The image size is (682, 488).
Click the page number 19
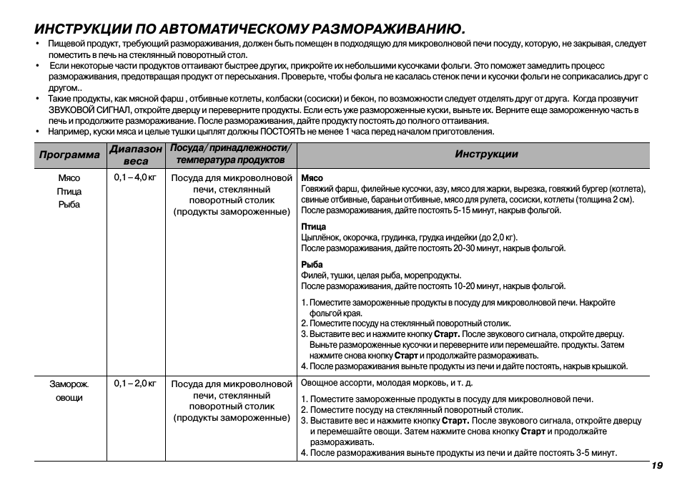[x=657, y=466]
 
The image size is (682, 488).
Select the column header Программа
[x=69, y=155]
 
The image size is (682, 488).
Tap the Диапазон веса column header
[x=136, y=155]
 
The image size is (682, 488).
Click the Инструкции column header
[x=486, y=155]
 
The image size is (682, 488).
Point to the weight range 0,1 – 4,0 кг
[x=135, y=177]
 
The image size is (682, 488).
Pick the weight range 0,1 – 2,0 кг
[x=135, y=384]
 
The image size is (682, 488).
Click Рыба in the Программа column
[x=69, y=205]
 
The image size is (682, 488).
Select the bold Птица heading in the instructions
[x=313, y=227]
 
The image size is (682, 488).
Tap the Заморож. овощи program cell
[x=69, y=391]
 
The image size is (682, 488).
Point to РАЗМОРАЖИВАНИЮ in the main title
[x=385, y=29]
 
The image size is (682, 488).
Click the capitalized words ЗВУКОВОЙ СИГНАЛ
[x=89, y=110]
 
